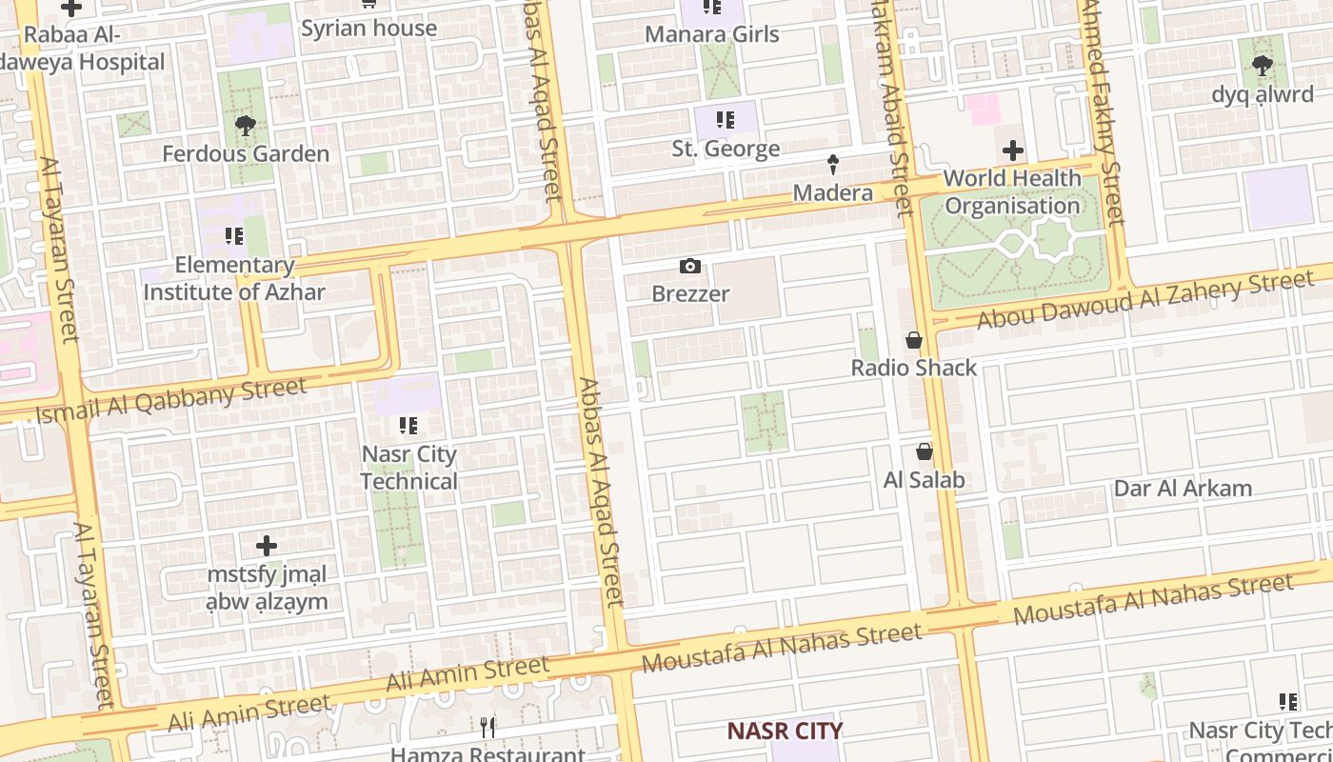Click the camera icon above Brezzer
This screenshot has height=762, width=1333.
click(690, 267)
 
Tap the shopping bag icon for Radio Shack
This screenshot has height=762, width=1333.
click(914, 340)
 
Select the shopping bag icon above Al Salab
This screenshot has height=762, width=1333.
click(924, 451)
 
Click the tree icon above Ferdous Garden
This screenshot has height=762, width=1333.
click(246, 125)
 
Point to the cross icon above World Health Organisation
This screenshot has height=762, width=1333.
click(1013, 150)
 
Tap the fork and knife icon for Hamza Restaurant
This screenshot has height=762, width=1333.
click(487, 728)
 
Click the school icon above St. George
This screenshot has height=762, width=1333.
click(726, 121)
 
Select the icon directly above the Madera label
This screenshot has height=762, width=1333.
click(833, 165)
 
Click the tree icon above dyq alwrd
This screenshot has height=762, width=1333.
click(1263, 67)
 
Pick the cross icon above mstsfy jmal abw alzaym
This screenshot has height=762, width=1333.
click(267, 546)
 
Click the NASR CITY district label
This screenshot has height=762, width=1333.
click(785, 731)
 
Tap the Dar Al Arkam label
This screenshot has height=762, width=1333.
click(1183, 489)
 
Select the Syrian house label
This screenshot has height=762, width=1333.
click(368, 29)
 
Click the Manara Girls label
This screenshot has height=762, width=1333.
click(712, 35)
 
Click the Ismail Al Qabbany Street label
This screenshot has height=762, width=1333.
click(171, 401)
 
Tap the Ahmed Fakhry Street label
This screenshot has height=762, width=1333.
click(1103, 114)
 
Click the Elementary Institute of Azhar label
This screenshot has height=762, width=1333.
click(234, 278)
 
